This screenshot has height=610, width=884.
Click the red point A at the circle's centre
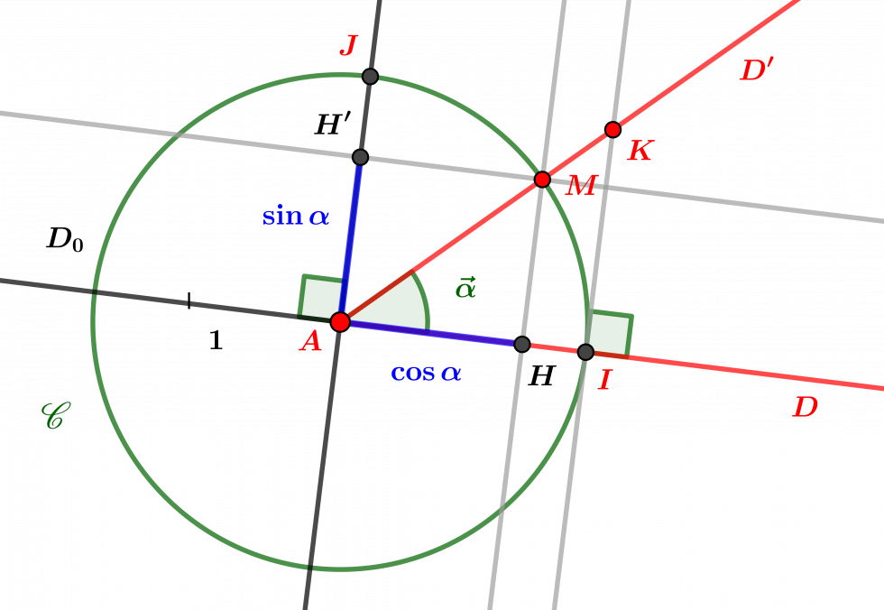(341, 322)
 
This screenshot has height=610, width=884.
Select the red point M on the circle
(542, 180)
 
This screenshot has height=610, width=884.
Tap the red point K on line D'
(612, 130)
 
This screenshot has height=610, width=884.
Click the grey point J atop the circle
(370, 76)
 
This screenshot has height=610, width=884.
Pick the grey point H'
(360, 157)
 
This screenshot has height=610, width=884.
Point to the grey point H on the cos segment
(522, 344)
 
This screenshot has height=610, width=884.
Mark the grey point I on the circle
(585, 352)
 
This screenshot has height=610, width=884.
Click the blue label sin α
(296, 216)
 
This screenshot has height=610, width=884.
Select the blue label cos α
(426, 373)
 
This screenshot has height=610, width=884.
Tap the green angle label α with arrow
(465, 288)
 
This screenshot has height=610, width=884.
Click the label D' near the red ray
(757, 69)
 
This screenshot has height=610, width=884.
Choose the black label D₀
(65, 239)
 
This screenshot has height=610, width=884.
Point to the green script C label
(56, 416)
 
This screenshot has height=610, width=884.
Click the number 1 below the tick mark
(216, 340)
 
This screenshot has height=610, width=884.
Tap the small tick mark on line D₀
(189, 300)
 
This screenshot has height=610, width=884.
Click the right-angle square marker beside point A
(320, 298)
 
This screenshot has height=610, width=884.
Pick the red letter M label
(581, 186)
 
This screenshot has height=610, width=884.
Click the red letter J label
(349, 45)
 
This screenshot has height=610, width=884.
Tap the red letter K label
(641, 151)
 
